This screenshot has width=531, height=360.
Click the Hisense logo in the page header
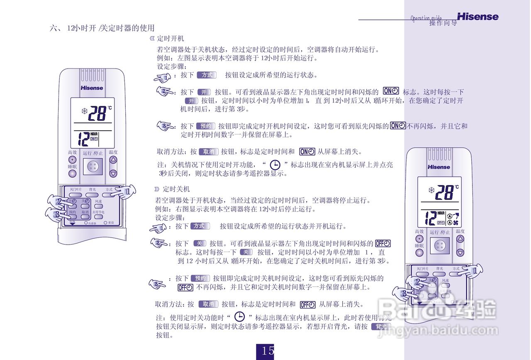(477, 17)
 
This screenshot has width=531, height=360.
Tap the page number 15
(268, 351)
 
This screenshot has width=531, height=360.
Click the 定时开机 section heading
(171, 39)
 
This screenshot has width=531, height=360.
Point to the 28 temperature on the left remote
(97, 113)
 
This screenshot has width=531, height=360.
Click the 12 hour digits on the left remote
(83, 140)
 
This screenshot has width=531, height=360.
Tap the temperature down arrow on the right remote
(460, 252)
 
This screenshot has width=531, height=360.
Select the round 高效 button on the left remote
(73, 160)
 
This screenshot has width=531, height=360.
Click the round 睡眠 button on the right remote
(419, 253)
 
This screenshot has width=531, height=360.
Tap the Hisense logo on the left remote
(92, 88)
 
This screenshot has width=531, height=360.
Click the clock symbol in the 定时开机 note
(275, 165)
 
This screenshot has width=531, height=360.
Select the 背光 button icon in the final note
(381, 327)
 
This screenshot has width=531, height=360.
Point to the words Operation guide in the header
(426, 18)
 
